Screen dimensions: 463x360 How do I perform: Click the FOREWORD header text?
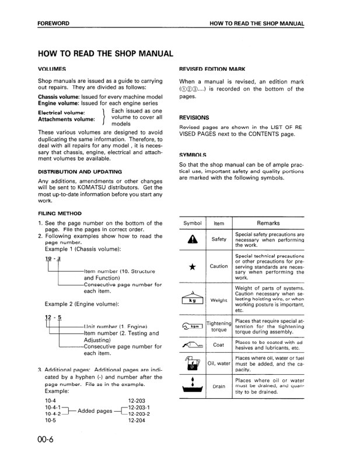(x=53, y=23)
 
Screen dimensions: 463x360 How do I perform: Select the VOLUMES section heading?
(x=52, y=69)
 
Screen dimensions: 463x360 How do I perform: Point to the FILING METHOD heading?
(x=60, y=213)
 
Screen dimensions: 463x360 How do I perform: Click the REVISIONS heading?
(x=194, y=117)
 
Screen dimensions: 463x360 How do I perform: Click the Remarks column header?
(x=268, y=223)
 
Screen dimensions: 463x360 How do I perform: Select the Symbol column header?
(x=193, y=223)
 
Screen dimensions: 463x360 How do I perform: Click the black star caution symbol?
(x=193, y=267)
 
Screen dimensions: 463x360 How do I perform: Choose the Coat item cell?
(x=219, y=344)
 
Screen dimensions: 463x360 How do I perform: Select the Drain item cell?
(x=219, y=387)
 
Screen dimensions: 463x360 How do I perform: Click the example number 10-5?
(x=50, y=419)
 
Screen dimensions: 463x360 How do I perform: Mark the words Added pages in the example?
(x=95, y=410)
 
